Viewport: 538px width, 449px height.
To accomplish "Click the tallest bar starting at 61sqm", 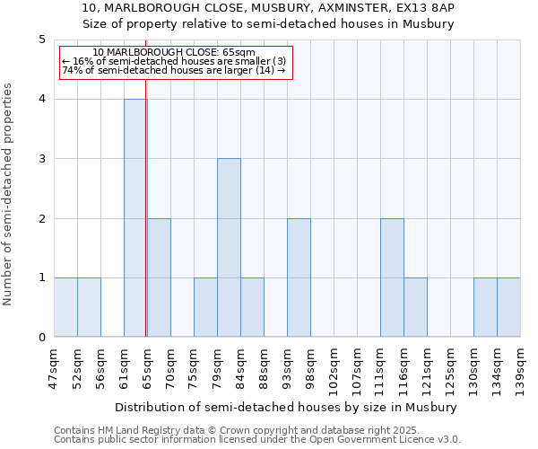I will point(135,218).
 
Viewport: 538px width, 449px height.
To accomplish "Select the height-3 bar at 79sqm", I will point(229,248).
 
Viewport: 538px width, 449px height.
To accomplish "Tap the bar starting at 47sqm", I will point(65,307).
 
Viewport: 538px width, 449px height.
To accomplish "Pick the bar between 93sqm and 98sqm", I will point(299,277).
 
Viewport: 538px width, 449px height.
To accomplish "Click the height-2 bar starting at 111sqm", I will point(392,277).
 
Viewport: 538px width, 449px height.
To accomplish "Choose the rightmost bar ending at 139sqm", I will point(508,307).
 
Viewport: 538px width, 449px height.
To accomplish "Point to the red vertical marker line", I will point(146,224).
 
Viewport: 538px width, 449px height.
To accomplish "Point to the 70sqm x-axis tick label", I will point(170,366).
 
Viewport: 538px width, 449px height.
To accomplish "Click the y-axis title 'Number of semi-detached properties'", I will point(9,194).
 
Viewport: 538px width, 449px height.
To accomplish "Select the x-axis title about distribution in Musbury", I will point(287,407).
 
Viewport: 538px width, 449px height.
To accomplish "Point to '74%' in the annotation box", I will point(71,70).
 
